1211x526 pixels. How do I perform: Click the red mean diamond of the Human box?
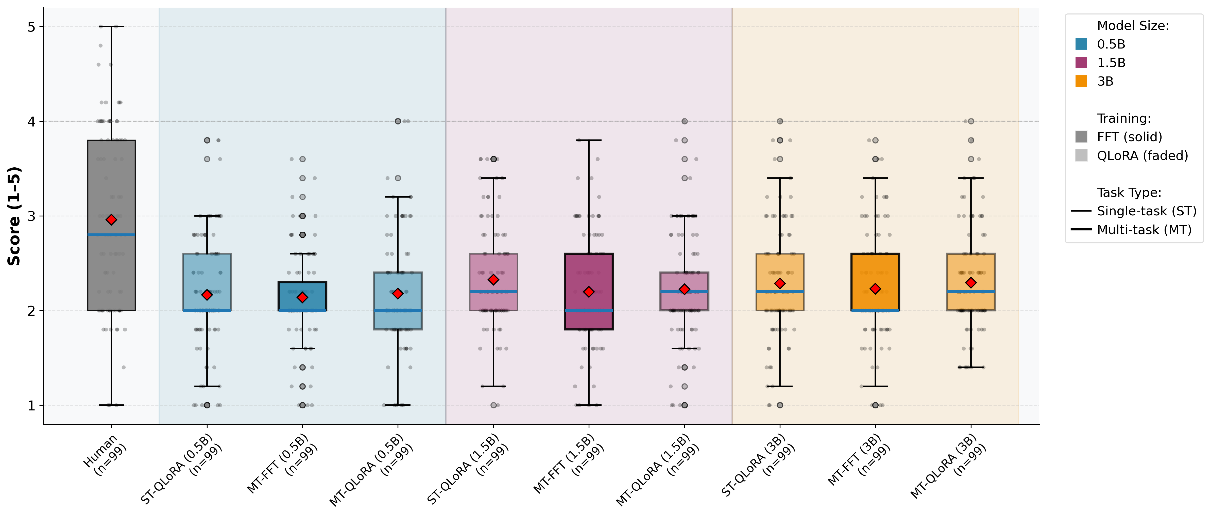pos(111,220)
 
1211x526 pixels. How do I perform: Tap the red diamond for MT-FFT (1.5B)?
pos(589,292)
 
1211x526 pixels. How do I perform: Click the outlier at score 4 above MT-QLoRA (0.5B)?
pos(398,121)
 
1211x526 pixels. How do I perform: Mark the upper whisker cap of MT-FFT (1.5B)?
pos(589,140)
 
